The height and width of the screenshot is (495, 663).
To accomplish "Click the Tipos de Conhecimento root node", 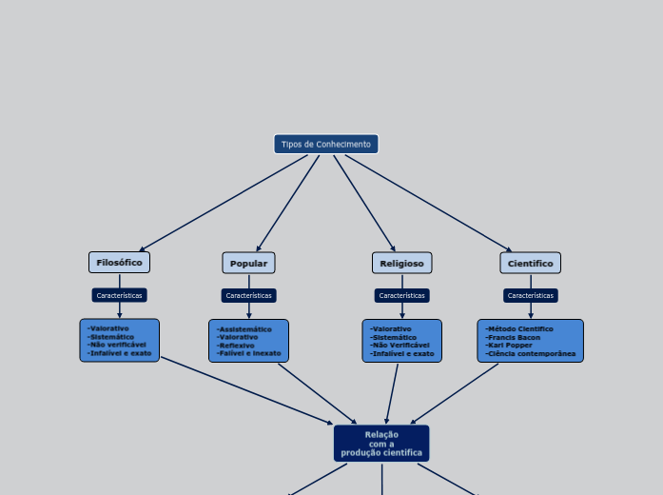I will click(325, 144).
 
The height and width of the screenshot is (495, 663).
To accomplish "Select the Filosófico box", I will click(119, 263).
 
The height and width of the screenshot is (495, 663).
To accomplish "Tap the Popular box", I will click(248, 264).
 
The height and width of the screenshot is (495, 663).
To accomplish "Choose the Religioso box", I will click(401, 264).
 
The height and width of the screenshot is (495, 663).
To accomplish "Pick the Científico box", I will click(530, 264).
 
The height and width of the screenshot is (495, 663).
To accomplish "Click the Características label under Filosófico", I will click(119, 295).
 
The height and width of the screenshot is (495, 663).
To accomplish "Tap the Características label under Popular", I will click(248, 295).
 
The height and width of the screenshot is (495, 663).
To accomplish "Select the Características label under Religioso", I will click(401, 295).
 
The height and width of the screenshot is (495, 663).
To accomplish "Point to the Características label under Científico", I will click(530, 295).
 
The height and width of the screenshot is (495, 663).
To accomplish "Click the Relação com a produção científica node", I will click(381, 444).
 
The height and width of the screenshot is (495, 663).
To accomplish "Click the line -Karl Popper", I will click(509, 345).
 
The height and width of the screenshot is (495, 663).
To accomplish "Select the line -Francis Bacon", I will click(513, 337).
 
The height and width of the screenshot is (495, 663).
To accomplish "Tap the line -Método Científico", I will click(519, 328).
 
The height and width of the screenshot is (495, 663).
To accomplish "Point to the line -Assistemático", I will click(244, 329).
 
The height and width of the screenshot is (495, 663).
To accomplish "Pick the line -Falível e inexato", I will click(249, 353).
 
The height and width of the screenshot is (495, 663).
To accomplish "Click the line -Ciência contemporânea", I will click(531, 353).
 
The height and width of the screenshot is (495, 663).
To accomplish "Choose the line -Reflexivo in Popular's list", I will click(237, 346).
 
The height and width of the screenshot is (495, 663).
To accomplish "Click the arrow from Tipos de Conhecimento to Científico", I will click(428, 203).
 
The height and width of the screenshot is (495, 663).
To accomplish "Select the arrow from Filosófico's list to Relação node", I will click(247, 390).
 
